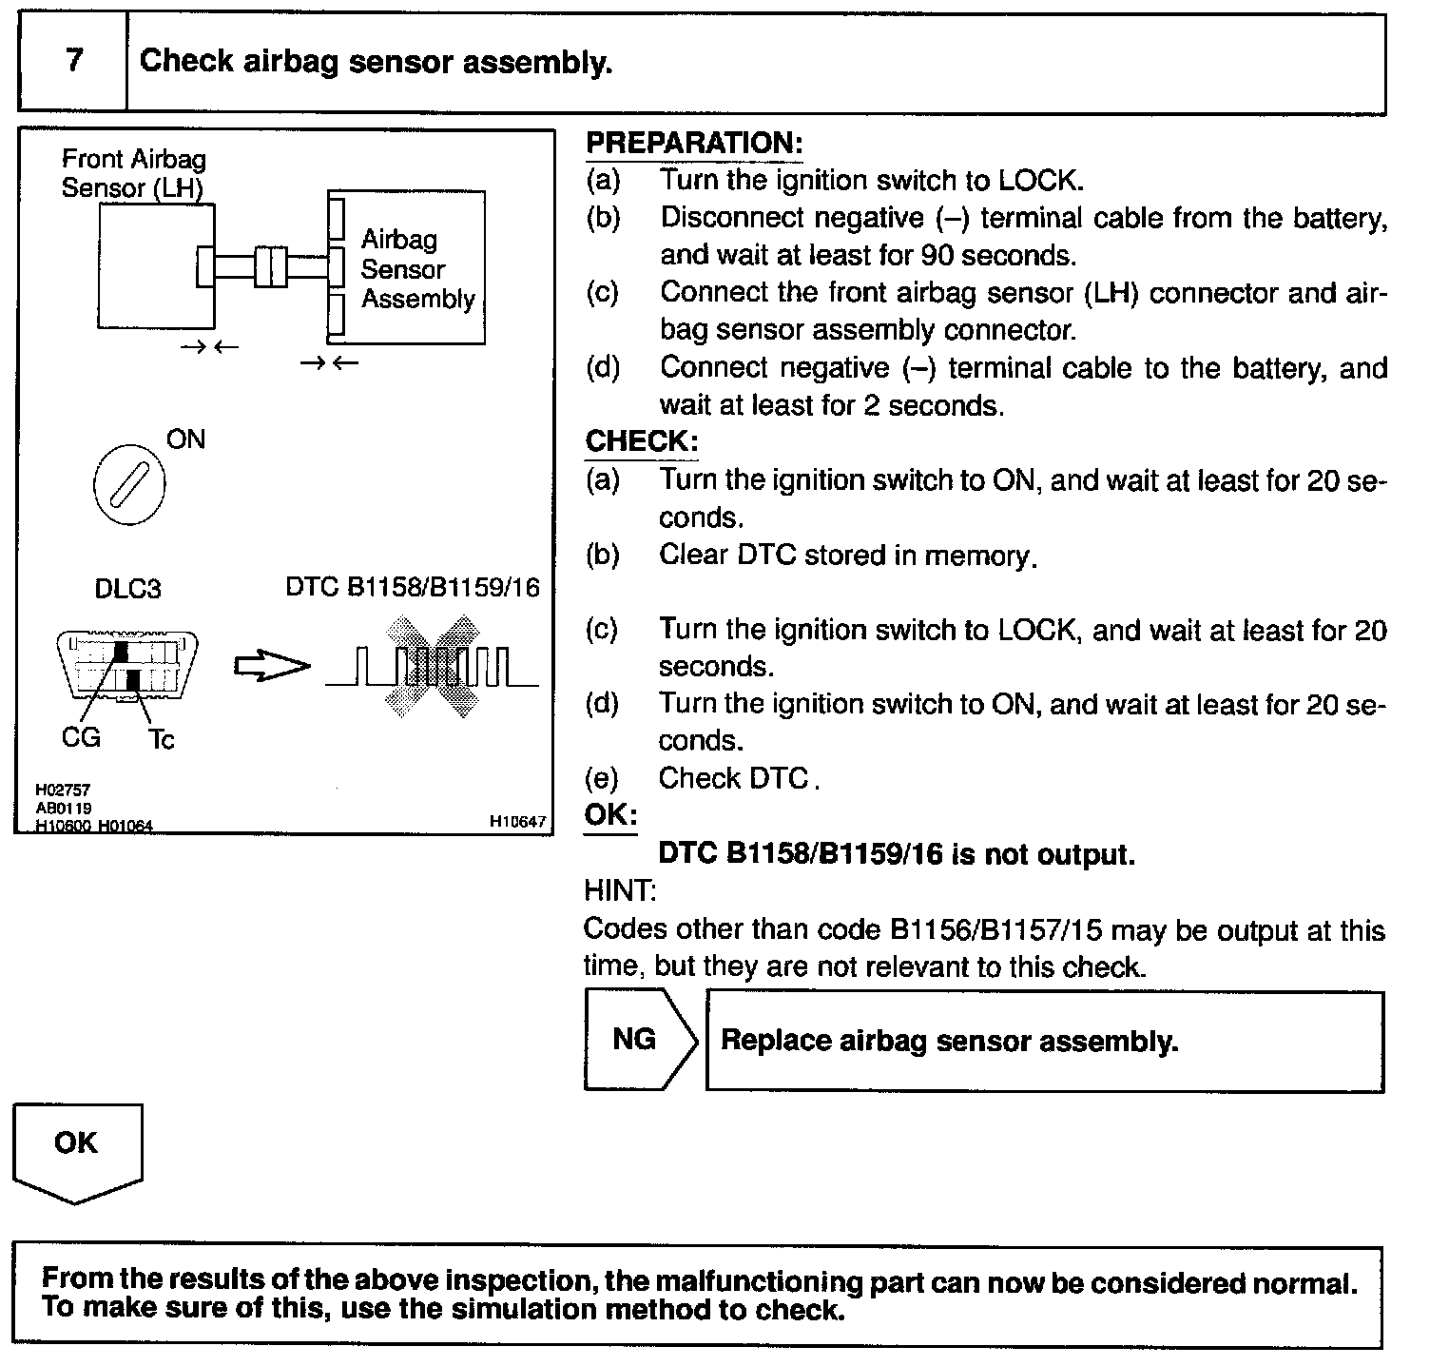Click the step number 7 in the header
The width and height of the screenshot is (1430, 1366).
(73, 61)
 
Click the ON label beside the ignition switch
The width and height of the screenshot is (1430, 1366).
(185, 439)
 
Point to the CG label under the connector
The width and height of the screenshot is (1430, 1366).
(80, 737)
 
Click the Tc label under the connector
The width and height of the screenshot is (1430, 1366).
(161, 740)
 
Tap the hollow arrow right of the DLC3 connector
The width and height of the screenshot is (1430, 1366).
(272, 667)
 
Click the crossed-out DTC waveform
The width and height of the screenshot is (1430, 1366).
(431, 666)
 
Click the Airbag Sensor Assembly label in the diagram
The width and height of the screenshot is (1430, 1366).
(416, 269)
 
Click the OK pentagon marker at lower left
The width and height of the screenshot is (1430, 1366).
(76, 1146)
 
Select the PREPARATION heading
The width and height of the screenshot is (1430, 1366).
(694, 144)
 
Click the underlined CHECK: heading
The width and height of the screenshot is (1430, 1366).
(642, 441)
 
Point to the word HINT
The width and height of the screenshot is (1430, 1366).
(619, 891)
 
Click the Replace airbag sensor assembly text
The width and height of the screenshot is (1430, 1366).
(949, 1041)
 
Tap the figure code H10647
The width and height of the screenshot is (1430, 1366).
(518, 821)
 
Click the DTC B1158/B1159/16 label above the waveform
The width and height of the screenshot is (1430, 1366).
(413, 587)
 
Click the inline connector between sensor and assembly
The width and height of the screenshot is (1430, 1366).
(271, 265)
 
